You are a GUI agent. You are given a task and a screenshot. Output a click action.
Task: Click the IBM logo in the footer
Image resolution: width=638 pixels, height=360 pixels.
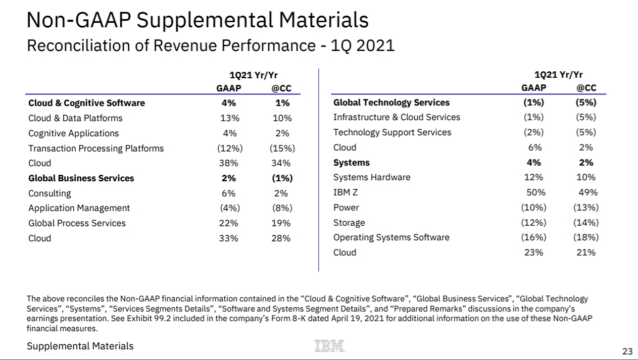[330, 346]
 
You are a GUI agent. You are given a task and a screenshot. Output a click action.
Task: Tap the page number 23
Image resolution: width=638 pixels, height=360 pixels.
[627, 351]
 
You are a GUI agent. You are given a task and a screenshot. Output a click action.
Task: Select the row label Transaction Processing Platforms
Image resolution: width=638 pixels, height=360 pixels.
[96, 148]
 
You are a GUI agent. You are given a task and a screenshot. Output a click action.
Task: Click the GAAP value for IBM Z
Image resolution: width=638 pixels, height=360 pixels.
[534, 192]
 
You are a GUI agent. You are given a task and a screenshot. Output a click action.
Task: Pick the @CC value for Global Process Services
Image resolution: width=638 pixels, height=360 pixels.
[281, 223]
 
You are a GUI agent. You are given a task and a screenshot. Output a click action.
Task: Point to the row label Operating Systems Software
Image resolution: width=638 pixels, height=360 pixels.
[391, 237]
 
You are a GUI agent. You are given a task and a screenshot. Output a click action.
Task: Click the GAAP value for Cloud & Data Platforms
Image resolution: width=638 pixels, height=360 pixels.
[228, 118]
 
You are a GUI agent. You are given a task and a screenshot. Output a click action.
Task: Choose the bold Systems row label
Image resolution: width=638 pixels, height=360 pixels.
[351, 163]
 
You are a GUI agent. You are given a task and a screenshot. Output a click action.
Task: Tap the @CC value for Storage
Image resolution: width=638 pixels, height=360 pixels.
[585, 223]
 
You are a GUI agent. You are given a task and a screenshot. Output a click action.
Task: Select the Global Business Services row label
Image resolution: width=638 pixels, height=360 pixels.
[81, 178]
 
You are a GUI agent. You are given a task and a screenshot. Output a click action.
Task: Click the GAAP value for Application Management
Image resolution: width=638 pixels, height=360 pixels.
[228, 208]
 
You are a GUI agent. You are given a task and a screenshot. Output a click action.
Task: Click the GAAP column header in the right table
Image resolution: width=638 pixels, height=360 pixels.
[533, 88]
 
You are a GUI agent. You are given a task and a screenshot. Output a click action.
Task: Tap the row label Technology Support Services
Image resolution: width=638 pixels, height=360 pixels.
[392, 132]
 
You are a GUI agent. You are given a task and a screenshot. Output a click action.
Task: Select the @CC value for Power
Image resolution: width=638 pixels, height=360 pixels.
[585, 208]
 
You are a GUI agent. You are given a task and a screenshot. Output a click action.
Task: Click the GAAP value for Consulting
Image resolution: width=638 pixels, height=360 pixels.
[228, 193]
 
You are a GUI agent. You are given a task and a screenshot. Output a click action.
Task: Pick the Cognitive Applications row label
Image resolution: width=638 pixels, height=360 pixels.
[74, 133]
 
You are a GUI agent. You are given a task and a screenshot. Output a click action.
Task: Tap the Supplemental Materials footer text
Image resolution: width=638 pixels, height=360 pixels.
[80, 346]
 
